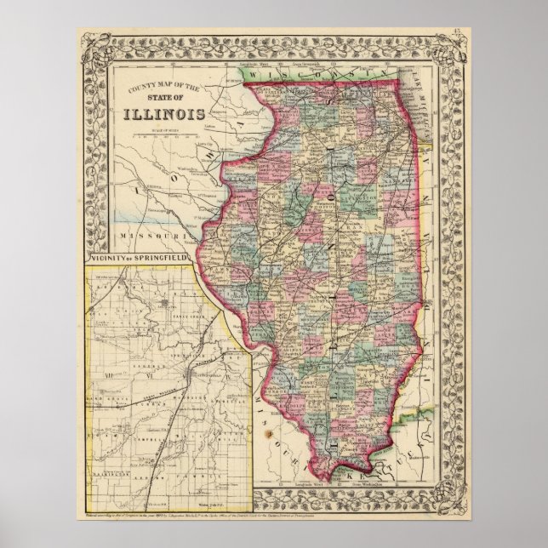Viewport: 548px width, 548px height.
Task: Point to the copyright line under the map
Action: point(272,516)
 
